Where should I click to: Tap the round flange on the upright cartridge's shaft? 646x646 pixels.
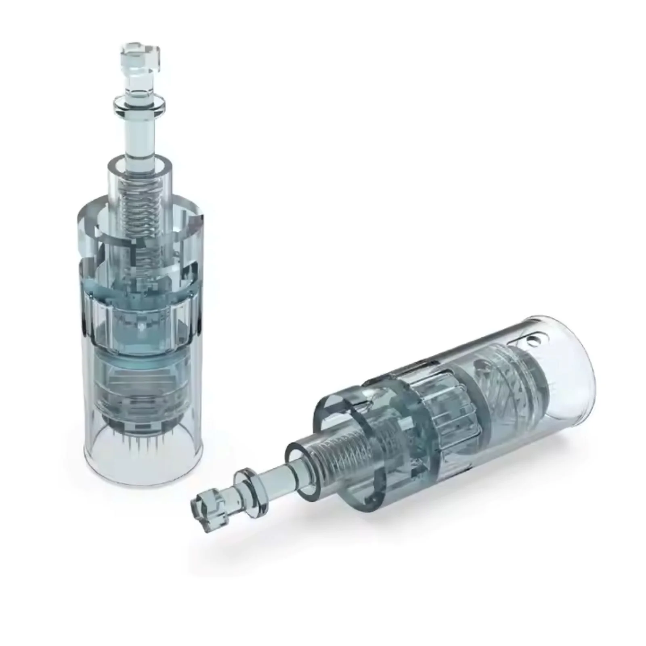tap(140, 103)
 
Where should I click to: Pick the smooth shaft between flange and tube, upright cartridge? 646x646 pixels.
tap(140, 133)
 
